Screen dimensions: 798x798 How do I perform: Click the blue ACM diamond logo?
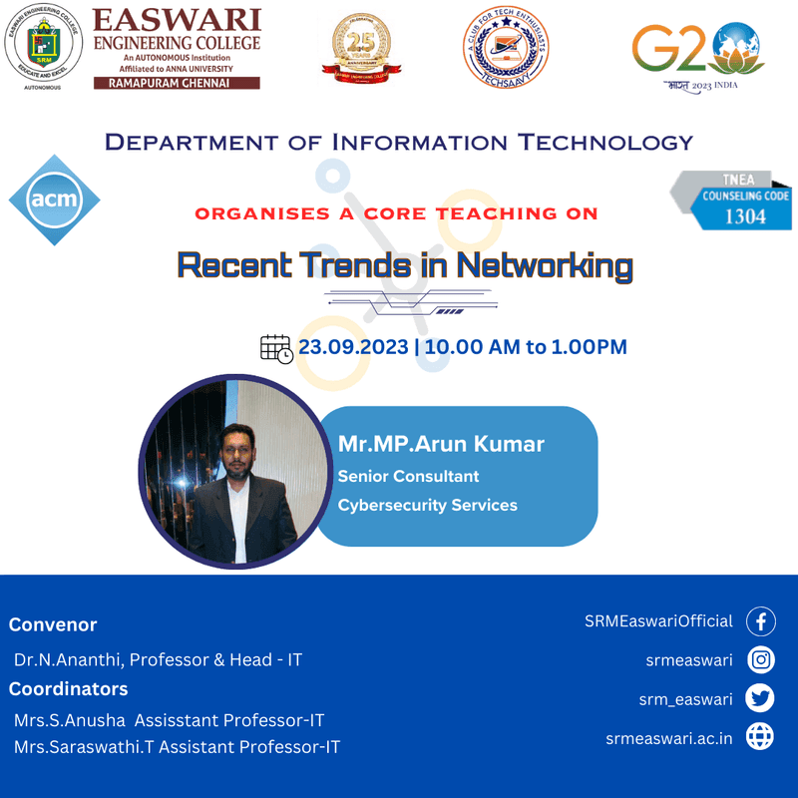click(x=55, y=200)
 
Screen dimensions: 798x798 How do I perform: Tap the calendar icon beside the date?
click(x=276, y=348)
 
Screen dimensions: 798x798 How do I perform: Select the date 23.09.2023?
click(x=354, y=347)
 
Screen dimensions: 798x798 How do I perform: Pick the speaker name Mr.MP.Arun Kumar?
click(x=441, y=443)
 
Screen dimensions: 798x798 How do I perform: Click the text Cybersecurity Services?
click(x=427, y=505)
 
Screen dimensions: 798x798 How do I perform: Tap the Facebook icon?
click(x=761, y=621)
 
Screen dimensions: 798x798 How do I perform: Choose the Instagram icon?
click(x=761, y=660)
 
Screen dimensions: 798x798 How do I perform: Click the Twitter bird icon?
click(x=761, y=699)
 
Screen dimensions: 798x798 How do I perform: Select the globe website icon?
click(x=761, y=738)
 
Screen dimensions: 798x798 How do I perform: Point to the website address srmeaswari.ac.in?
click(x=669, y=738)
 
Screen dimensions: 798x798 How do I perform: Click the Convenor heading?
click(x=53, y=625)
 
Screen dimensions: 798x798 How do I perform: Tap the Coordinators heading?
click(x=69, y=689)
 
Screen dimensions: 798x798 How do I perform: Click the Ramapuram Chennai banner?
click(x=176, y=84)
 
